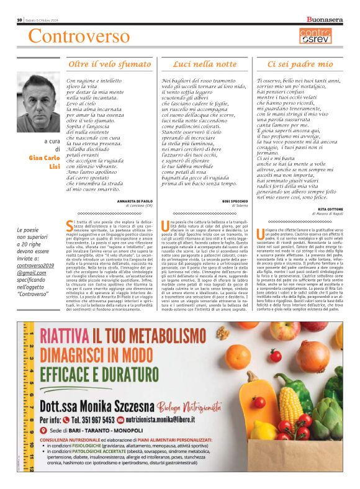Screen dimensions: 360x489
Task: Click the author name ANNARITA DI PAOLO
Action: coord(134,201)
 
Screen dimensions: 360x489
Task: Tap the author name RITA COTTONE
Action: coord(330,210)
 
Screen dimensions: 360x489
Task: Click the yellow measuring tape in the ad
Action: coord(25,403)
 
